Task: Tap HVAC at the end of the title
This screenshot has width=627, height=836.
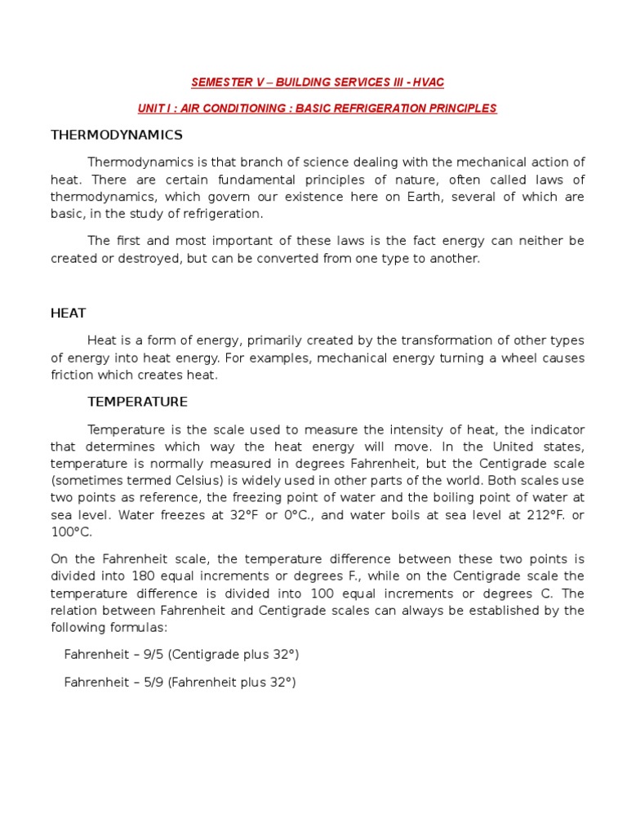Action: point(427,82)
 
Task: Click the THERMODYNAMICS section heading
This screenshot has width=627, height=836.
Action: point(117,135)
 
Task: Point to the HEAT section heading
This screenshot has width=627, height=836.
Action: point(69,313)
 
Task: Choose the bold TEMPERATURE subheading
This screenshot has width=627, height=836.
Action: point(137,402)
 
